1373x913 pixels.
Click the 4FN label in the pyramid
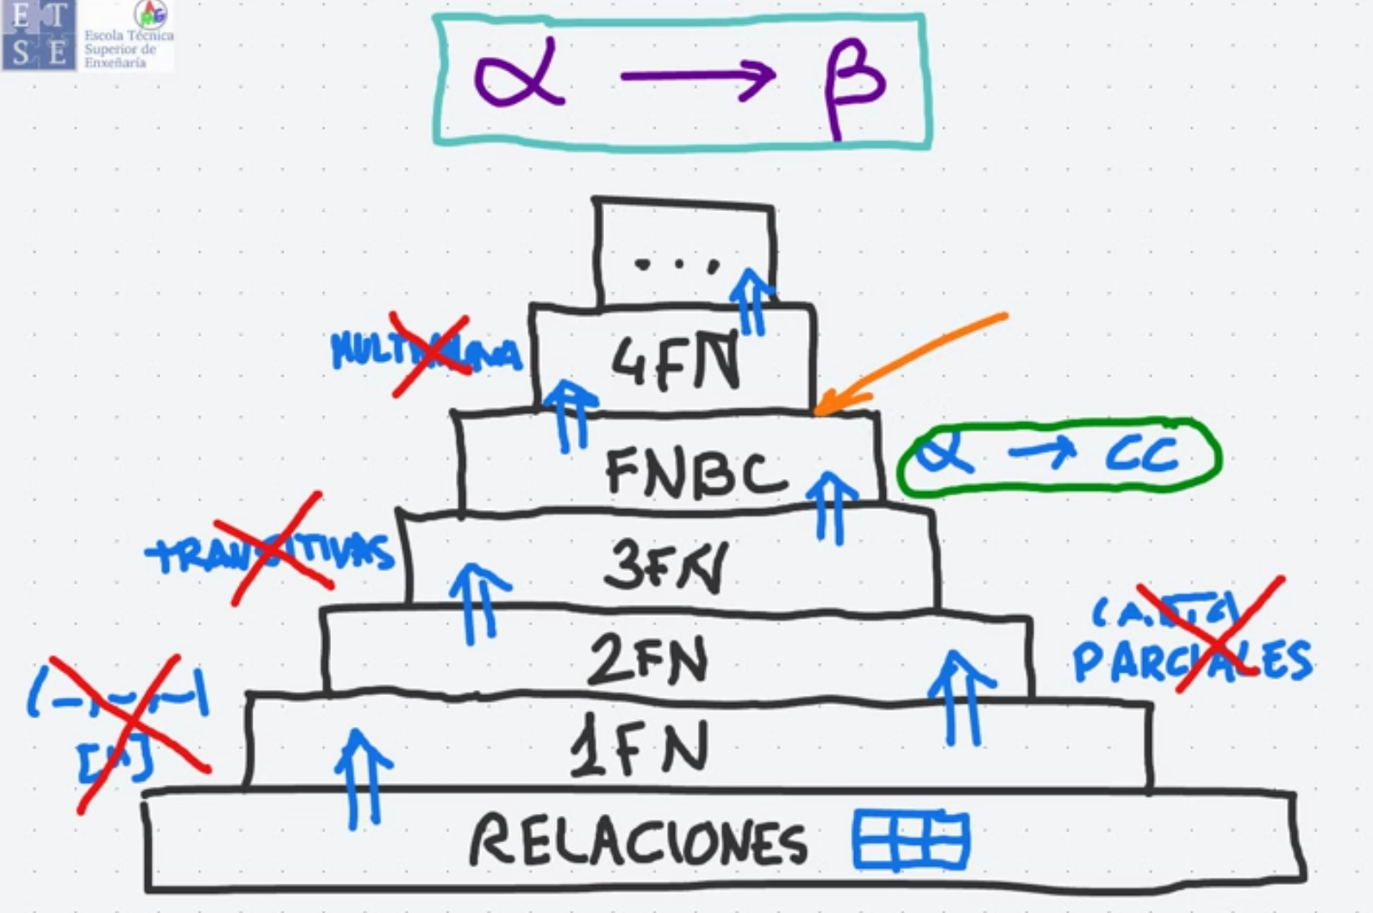(x=675, y=362)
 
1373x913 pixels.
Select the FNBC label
(x=696, y=472)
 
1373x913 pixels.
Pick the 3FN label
(x=665, y=567)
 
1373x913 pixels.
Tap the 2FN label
(x=647, y=660)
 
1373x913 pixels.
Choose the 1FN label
(x=639, y=748)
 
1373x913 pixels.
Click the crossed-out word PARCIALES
(x=1191, y=661)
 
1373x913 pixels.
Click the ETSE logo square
(x=39, y=35)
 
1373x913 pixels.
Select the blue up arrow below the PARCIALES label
(x=962, y=698)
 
